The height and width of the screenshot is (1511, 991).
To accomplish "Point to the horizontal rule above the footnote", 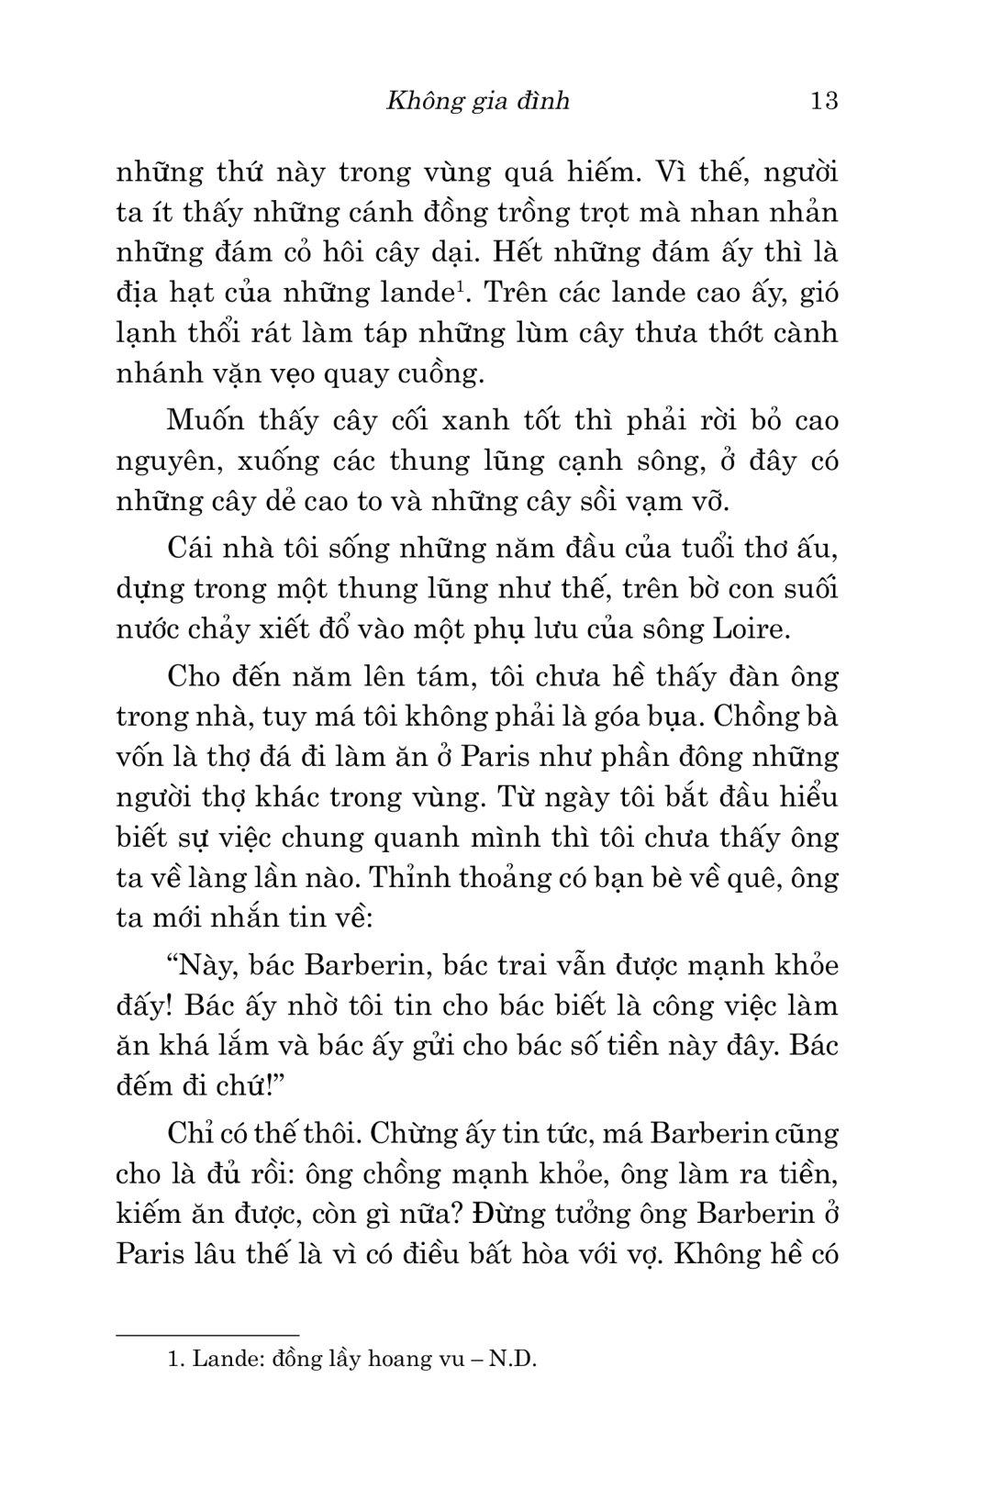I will pyautogui.click(x=208, y=1335).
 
